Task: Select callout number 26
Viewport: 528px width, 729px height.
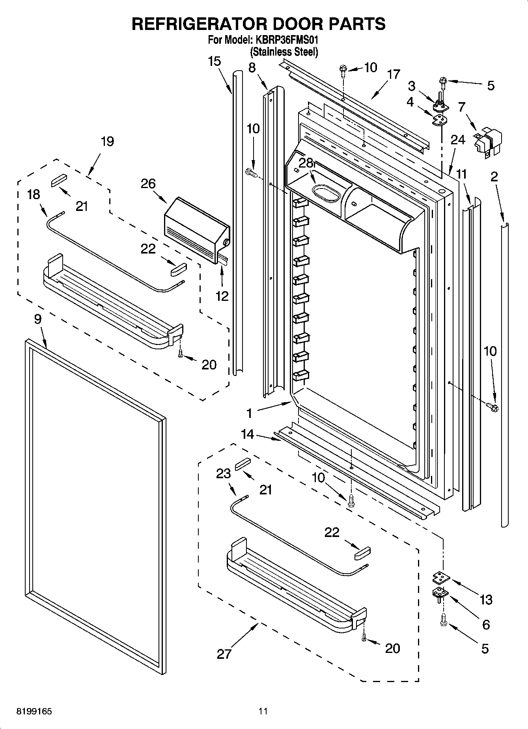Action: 148,184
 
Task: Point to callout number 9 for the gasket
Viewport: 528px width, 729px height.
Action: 37,319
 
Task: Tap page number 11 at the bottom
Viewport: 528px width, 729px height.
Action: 263,712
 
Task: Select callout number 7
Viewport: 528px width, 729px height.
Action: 462,106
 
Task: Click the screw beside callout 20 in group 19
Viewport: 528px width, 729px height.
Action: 181,354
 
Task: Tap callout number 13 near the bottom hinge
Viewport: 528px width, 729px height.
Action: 486,600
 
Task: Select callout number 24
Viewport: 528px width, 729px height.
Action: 458,140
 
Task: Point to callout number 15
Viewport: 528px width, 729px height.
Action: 215,62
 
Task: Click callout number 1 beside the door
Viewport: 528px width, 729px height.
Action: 249,413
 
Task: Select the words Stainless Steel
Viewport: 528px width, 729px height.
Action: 284,52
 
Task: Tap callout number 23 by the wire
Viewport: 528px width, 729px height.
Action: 223,473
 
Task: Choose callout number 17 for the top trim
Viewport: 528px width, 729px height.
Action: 393,74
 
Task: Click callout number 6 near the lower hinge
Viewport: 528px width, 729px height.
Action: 486,624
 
